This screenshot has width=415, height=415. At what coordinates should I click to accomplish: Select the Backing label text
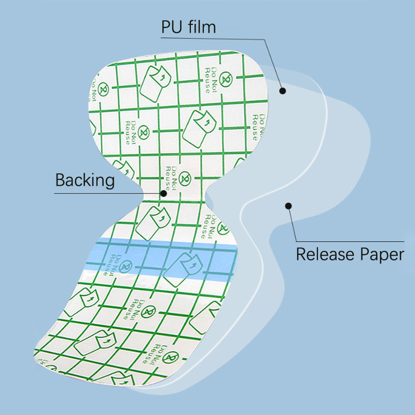pos(85,180)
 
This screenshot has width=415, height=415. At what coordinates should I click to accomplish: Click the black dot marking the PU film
pos(283,91)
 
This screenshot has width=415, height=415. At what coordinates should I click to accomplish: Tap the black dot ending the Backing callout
pos(164,193)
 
